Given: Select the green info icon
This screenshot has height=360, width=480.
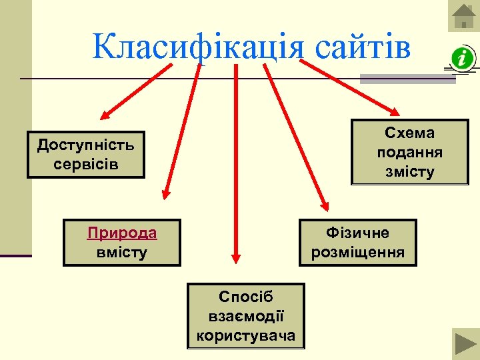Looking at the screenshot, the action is pyautogui.click(x=461, y=59).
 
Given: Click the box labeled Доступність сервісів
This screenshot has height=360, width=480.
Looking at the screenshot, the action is pyautogui.click(x=86, y=154).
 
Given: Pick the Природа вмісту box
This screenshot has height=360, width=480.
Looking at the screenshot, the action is pyautogui.click(x=122, y=243).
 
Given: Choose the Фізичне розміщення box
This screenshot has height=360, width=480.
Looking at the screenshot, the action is pyautogui.click(x=357, y=243).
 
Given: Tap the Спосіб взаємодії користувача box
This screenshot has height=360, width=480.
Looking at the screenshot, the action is pyautogui.click(x=246, y=316).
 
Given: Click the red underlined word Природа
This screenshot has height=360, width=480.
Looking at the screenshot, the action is pyautogui.click(x=122, y=233).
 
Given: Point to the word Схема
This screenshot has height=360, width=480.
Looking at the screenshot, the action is pyautogui.click(x=410, y=133).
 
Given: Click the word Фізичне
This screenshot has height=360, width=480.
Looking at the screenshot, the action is pyautogui.click(x=357, y=233).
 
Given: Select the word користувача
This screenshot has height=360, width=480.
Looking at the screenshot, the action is pyautogui.click(x=246, y=335).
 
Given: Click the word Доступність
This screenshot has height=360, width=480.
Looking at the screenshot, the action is pyautogui.click(x=86, y=145).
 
